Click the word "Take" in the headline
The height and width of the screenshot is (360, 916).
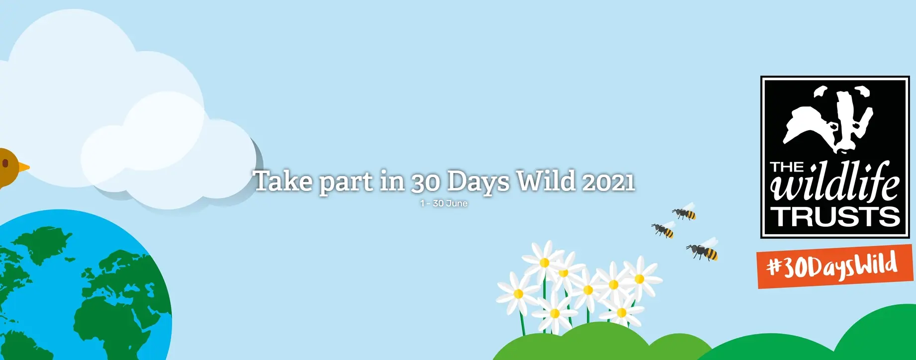tap(282, 181)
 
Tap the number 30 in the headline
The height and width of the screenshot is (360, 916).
tap(426, 182)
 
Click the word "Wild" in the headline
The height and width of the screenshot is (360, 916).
tap(546, 181)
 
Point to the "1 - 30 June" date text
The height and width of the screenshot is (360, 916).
tap(444, 203)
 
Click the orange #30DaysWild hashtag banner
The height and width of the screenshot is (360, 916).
tap(834, 267)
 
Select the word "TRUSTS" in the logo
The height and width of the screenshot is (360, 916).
tap(835, 217)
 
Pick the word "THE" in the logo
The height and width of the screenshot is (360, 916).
tap(787, 167)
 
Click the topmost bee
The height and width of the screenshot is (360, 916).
tap(685, 212)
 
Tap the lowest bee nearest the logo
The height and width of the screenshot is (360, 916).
tap(704, 251)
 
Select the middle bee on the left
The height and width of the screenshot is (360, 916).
tap(664, 230)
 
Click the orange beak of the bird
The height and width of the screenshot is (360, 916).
tap(24, 167)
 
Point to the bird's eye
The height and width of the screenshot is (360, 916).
tap(5, 163)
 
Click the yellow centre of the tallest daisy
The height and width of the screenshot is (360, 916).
tap(545, 263)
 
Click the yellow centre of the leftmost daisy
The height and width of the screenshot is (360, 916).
tap(518, 294)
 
